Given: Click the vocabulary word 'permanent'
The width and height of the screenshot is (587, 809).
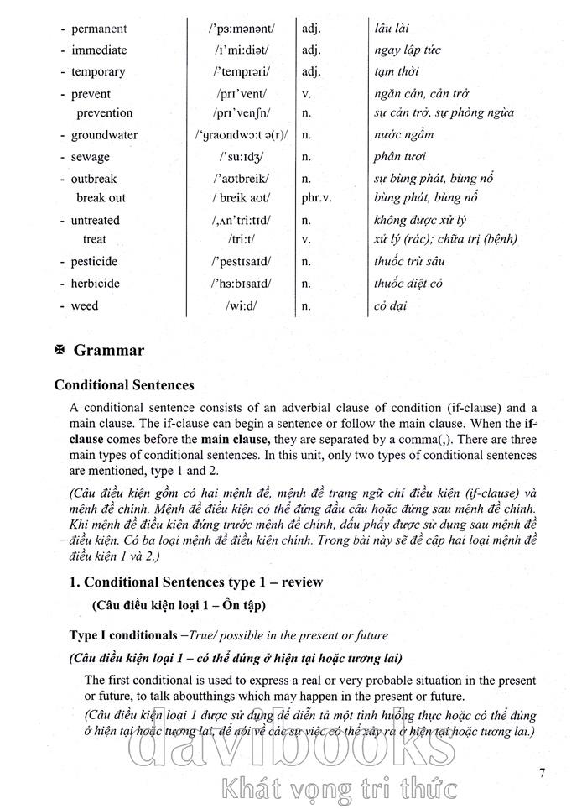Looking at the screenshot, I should [x=99, y=29].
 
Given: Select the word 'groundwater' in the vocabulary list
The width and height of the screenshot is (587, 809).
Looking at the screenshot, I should [x=104, y=134].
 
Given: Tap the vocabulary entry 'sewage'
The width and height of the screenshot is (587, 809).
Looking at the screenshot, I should [x=90, y=156].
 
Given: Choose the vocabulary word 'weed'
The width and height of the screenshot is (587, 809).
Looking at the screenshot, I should [x=84, y=305].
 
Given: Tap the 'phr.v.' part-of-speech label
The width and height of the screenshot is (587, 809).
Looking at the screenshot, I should [x=317, y=198].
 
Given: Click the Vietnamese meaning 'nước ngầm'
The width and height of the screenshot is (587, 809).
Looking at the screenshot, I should [x=404, y=134].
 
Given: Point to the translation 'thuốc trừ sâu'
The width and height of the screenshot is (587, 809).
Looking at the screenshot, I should [x=409, y=262].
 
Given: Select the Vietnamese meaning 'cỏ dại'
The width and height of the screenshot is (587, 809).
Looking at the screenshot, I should [x=390, y=305].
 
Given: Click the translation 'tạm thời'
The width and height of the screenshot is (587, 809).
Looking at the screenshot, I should [x=397, y=72].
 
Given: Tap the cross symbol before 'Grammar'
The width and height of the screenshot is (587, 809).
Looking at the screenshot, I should [x=60, y=351].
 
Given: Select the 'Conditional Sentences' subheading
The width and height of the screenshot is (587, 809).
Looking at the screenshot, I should [x=124, y=385].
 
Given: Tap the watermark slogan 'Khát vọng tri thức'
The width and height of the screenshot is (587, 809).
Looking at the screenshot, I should [x=335, y=789].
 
